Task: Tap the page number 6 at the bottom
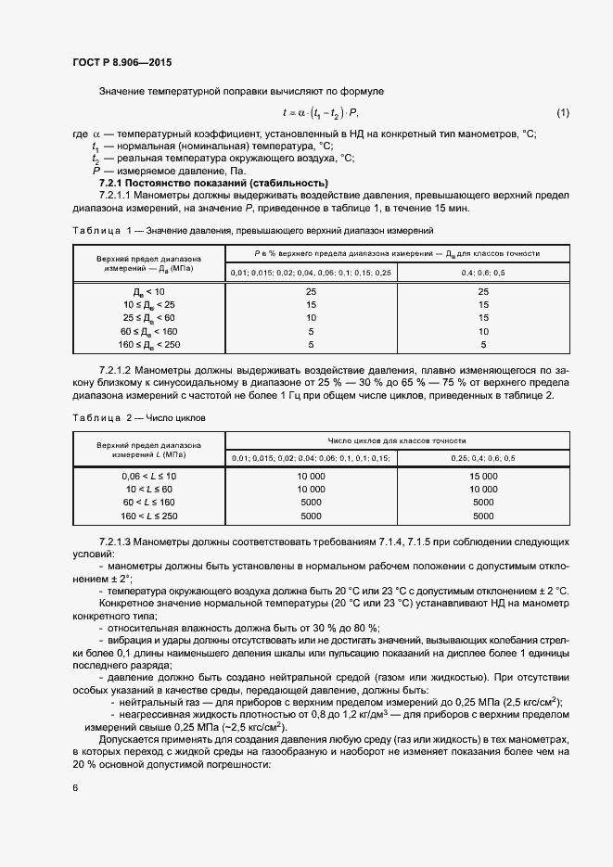(x=75, y=787)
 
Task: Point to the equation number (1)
(x=562, y=113)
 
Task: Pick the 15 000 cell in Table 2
(x=483, y=476)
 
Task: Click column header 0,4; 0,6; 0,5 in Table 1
(x=483, y=273)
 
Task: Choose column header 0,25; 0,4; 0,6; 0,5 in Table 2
(x=483, y=459)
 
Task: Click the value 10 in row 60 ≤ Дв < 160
(x=483, y=331)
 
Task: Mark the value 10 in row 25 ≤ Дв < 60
(x=311, y=318)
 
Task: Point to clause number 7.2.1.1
(x=118, y=196)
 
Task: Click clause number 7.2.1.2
(x=118, y=368)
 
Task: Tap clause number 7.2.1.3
(x=118, y=540)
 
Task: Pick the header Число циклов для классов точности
(x=397, y=440)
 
